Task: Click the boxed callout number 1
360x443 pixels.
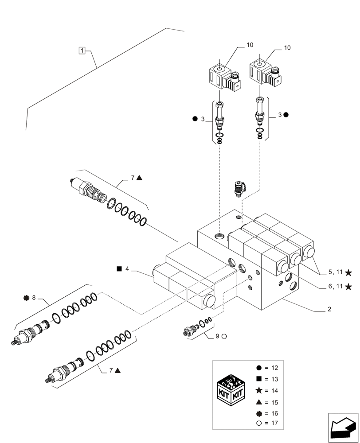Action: [82, 50]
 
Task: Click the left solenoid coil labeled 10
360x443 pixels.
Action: [224, 78]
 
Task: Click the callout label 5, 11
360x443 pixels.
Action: [335, 272]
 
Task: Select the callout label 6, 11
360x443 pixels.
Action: [335, 287]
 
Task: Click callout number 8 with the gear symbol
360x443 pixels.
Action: [30, 298]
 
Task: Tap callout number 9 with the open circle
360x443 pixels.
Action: [221, 336]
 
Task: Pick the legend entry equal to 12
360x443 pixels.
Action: [268, 368]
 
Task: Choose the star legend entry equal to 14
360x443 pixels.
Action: [268, 391]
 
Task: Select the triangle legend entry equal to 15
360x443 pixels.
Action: [268, 402]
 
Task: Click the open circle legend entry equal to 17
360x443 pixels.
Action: [268, 423]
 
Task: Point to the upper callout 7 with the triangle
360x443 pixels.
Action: [136, 178]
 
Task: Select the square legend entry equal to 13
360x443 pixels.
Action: [268, 379]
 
